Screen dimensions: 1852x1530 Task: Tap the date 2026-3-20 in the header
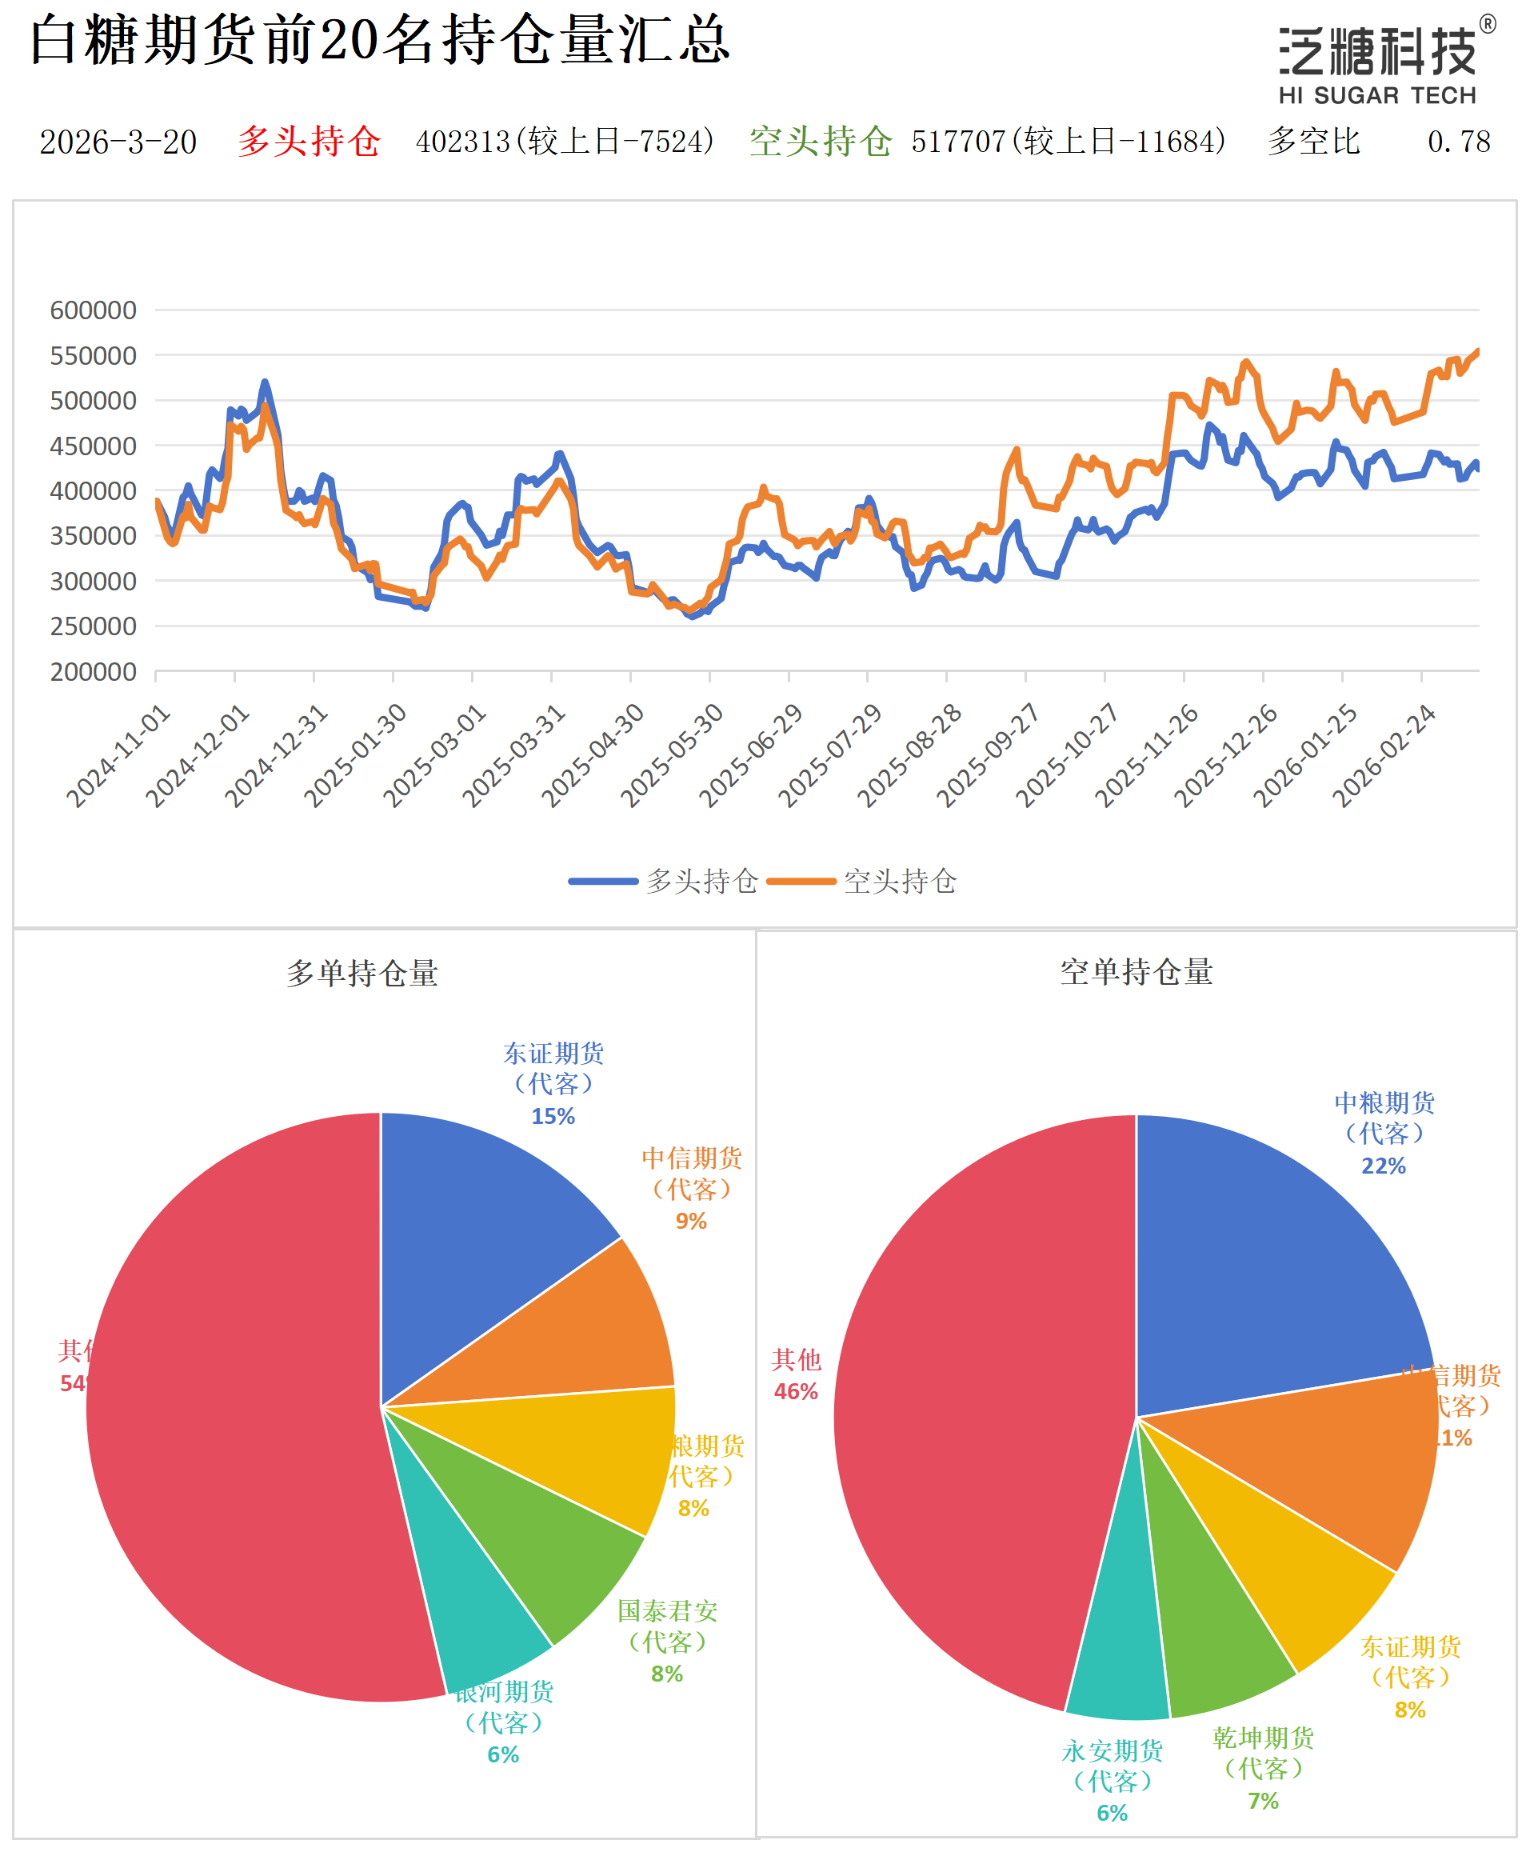118,142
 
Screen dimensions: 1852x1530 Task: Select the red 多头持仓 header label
309,141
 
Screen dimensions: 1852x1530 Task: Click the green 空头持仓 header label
820,141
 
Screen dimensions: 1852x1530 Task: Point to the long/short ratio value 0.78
1459,142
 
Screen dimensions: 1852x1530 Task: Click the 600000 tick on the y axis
94,310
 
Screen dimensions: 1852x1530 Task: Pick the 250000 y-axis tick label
94,626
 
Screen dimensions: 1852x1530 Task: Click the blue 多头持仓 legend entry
663,881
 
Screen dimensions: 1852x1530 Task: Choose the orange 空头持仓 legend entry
862,881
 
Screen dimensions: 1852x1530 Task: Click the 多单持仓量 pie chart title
362,973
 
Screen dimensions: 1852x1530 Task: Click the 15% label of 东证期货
553,1116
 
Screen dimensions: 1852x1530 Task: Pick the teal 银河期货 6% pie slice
476,1613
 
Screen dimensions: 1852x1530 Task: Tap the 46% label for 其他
796,1391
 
